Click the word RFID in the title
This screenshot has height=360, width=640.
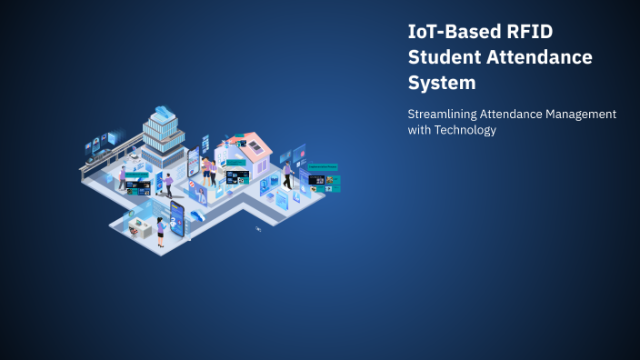(529, 31)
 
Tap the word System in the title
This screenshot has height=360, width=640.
(442, 84)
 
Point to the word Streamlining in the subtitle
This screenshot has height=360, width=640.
(445, 114)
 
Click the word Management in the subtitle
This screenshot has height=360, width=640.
(581, 114)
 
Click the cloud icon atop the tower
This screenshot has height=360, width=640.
(165, 112)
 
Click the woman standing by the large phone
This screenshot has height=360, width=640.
(161, 232)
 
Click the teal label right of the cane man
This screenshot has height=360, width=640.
(324, 166)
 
